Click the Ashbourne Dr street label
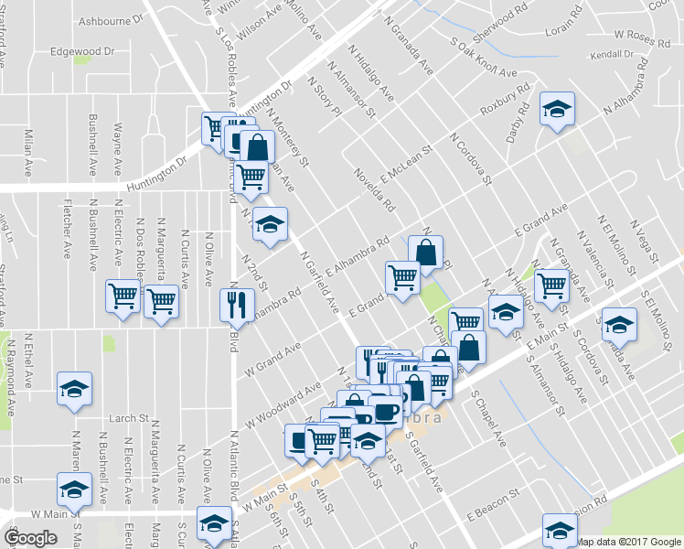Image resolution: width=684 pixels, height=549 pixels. pos(112,18)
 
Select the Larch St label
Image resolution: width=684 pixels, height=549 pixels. pos(129,418)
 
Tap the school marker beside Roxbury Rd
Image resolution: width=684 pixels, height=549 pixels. pos(556,110)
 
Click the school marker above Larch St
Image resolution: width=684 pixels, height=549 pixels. pos(75,388)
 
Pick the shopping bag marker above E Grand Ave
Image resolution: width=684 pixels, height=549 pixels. pos(426,250)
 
